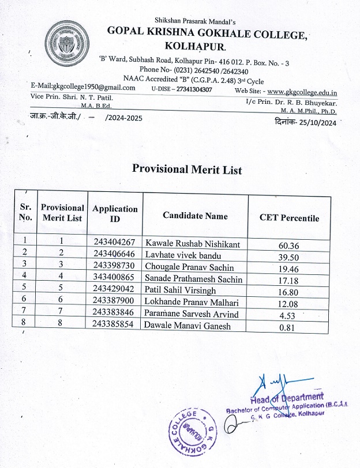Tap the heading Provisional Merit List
187,169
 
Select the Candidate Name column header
195,216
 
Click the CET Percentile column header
289,218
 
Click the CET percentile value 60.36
288,246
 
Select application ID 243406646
114,254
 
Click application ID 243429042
114,291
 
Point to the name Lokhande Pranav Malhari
193,303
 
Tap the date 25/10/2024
317,122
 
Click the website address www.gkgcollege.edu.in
302,92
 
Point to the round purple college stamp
194,432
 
